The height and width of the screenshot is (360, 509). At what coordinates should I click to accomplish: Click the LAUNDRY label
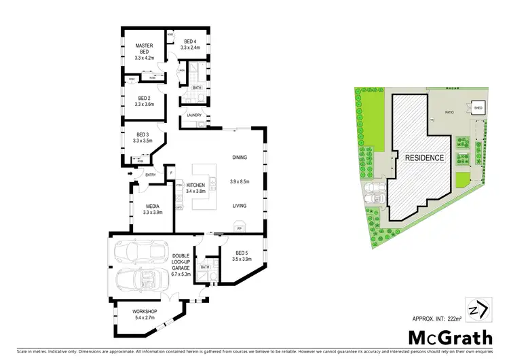point(195,115)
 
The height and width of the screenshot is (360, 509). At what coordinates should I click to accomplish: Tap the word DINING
point(239,158)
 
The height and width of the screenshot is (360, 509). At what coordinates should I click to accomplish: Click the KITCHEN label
point(195,185)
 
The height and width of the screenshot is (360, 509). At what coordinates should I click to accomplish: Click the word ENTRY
point(150,175)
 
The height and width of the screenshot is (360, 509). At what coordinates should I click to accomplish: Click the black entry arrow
point(130,175)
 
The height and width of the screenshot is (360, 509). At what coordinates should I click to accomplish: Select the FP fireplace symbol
point(239,228)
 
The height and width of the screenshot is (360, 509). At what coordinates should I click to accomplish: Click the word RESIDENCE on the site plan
point(424,158)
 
